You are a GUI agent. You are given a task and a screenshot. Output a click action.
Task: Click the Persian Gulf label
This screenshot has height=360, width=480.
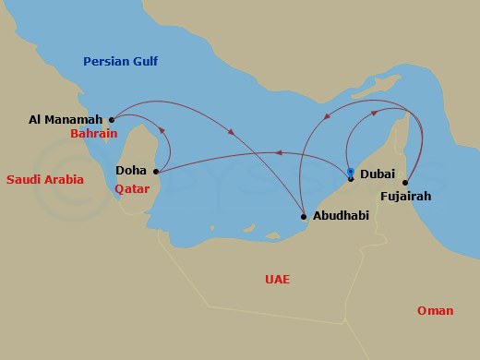(x=120, y=62)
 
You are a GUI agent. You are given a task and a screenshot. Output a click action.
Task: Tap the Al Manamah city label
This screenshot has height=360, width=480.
(x=66, y=119)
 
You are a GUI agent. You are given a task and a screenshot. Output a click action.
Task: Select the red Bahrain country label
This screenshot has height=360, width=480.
(x=93, y=134)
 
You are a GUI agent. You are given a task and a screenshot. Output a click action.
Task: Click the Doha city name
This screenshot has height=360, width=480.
(x=131, y=171)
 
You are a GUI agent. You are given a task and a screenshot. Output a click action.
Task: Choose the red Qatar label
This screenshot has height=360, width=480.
(x=132, y=188)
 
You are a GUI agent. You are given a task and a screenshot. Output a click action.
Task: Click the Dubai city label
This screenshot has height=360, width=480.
(x=378, y=174)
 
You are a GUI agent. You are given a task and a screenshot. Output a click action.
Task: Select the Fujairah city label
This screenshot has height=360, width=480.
(x=405, y=196)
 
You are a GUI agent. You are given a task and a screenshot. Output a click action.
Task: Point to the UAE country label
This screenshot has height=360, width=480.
(x=276, y=278)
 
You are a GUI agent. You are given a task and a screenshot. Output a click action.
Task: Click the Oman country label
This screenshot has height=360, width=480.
(x=435, y=310)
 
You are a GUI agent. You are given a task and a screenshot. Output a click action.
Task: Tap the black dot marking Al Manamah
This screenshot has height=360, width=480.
(x=111, y=119)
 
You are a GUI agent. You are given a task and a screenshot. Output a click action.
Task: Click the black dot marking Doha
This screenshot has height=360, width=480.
(x=156, y=171)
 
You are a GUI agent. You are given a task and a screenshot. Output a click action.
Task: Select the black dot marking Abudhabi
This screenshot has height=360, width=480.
(x=304, y=218)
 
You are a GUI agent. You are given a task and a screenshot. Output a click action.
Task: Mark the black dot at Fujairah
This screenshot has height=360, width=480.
(x=405, y=182)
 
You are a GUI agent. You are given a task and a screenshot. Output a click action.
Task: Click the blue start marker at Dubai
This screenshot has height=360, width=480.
(x=350, y=171)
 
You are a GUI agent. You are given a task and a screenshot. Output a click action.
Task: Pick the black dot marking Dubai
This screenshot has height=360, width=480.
(x=350, y=177)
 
